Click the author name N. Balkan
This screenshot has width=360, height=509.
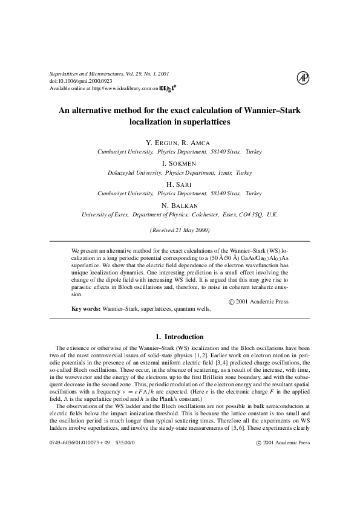tap(180, 206)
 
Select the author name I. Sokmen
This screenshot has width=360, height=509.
tap(180, 164)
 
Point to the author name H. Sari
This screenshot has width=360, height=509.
tap(180, 184)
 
